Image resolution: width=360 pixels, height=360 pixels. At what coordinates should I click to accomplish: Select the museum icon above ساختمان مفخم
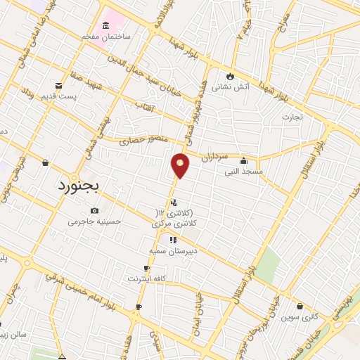[105, 26]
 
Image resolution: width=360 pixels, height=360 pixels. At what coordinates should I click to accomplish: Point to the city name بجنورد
[78, 187]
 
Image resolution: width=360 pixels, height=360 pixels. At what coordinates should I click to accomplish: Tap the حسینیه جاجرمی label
[95, 221]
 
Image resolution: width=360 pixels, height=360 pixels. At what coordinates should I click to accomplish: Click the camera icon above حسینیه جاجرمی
[95, 210]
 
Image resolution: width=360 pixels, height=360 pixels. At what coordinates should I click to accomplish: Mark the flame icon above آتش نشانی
[230, 77]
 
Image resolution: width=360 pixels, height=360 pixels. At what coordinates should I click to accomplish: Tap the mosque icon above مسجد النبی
[243, 160]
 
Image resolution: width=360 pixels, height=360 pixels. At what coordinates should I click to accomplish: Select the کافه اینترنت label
[146, 278]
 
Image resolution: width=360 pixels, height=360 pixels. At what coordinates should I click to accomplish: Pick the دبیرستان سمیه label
[167, 250]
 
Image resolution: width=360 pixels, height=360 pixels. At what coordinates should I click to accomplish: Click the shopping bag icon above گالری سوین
[300, 307]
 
